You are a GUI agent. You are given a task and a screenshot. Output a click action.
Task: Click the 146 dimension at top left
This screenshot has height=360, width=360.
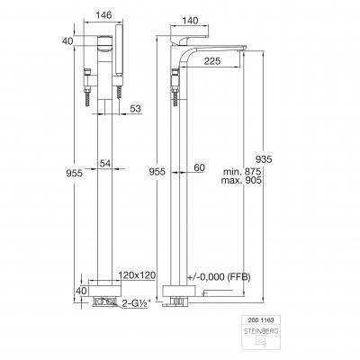point(103,14)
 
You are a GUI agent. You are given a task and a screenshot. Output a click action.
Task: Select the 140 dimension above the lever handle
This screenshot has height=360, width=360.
point(190,21)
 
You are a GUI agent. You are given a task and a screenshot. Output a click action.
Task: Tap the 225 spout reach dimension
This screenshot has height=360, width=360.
point(212,61)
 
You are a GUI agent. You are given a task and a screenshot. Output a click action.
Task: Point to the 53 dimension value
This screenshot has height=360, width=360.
point(135,109)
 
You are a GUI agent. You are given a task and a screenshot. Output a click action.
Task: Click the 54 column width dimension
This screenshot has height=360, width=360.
point(105,164)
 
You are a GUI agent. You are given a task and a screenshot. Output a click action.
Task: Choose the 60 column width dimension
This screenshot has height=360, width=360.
point(199,167)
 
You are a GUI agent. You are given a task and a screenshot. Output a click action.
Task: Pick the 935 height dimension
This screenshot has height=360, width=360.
point(264,159)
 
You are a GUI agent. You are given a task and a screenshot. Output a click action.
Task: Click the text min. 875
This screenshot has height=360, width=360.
point(242,172)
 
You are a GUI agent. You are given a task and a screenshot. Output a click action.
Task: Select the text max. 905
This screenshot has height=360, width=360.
point(241,180)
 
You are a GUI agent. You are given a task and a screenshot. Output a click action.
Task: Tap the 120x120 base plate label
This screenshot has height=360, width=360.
point(137,275)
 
